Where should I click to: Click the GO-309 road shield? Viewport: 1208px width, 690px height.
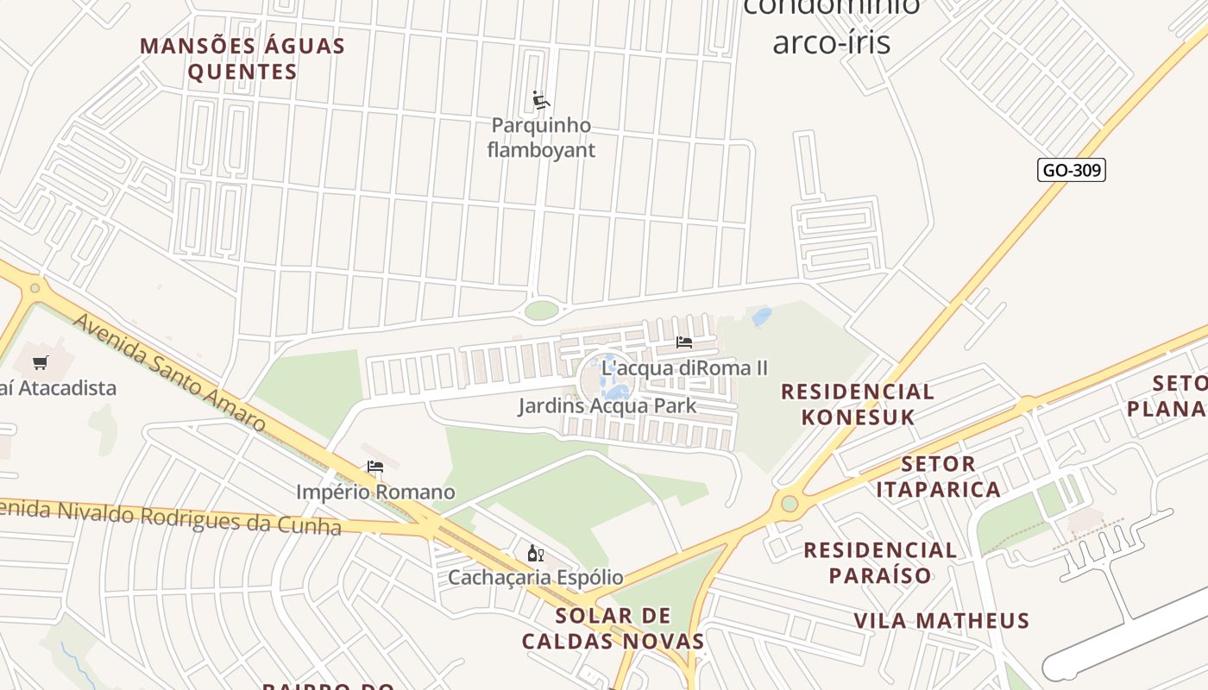[1071, 170]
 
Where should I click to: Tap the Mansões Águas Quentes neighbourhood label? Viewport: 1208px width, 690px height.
[242, 59]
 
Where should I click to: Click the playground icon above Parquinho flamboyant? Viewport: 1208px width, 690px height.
[541, 101]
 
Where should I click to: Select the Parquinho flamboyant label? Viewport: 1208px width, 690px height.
[541, 138]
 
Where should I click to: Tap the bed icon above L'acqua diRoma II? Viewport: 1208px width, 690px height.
[684, 342]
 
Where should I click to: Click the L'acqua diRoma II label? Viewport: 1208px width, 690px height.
[684, 368]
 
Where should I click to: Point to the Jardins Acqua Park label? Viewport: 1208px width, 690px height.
[607, 405]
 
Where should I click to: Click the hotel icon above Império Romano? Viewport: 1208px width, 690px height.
[374, 467]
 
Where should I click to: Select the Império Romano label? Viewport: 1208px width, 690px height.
[375, 492]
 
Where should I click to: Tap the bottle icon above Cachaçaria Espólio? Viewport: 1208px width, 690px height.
[535, 553]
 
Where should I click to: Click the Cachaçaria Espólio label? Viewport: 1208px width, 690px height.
[535, 577]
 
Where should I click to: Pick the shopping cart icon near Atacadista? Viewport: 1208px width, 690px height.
[41, 362]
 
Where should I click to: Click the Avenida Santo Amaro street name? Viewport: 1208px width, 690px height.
[169, 373]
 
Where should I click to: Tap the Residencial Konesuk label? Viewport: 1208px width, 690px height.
[857, 405]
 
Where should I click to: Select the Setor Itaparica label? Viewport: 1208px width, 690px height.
[938, 477]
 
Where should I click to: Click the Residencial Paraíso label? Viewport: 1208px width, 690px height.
[880, 562]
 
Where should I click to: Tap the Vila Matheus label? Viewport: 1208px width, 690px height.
[941, 621]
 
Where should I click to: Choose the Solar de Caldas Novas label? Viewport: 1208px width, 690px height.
[613, 628]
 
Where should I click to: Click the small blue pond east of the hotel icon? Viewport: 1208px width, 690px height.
[762, 317]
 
